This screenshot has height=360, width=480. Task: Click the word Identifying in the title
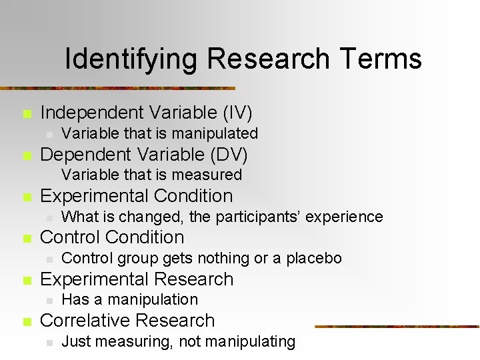[x=131, y=59]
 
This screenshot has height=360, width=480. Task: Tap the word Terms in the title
[x=381, y=59]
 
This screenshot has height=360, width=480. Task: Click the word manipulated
[x=215, y=133]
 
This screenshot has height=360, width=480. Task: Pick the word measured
[x=209, y=175]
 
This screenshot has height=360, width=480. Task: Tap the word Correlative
[x=85, y=321]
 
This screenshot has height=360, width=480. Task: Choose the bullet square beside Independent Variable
[x=26, y=114]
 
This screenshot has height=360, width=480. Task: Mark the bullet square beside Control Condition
[x=26, y=239]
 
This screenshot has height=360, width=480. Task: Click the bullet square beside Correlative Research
[x=26, y=322]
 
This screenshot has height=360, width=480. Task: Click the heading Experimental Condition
[x=137, y=196]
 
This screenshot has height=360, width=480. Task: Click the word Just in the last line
[x=75, y=341]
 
